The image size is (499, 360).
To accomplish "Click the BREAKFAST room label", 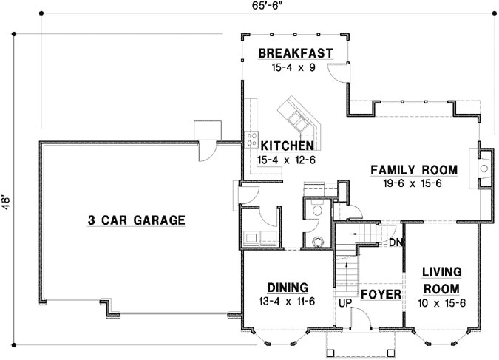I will coord(295,52).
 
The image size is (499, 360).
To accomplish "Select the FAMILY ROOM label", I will coord(414,170).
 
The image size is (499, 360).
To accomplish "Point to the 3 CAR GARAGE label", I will coord(136,220).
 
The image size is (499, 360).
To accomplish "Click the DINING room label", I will coord(288,288).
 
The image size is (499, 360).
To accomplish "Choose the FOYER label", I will coord(381,295).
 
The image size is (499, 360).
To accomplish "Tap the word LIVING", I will coord(443,272).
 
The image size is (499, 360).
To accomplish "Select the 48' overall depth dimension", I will coord(7,202).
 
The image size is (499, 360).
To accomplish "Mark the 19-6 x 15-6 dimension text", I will coord(414,183).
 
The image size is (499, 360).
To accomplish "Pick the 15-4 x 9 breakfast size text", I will coord(295,67).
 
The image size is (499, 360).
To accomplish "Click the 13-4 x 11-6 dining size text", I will coord(288,302).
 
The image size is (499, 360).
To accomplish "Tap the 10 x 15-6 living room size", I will coord(443,303).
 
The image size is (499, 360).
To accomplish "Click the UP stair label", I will coord(344,303).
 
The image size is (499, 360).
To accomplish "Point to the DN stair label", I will coord(396,242).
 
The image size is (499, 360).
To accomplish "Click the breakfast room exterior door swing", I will coord(336,73).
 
